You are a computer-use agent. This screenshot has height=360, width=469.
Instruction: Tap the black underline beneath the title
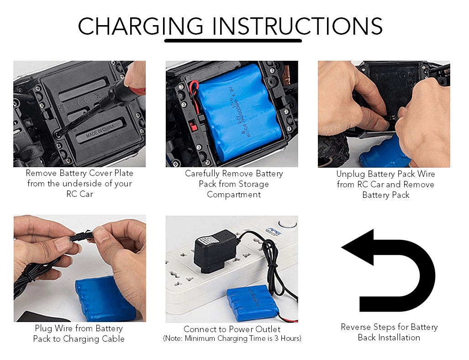pyautogui.click(x=233, y=40)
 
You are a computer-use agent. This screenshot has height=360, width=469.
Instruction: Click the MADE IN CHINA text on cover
pyautogui.click(x=100, y=132)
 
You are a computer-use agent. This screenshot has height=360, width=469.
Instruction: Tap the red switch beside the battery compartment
pyautogui.click(x=193, y=126)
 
